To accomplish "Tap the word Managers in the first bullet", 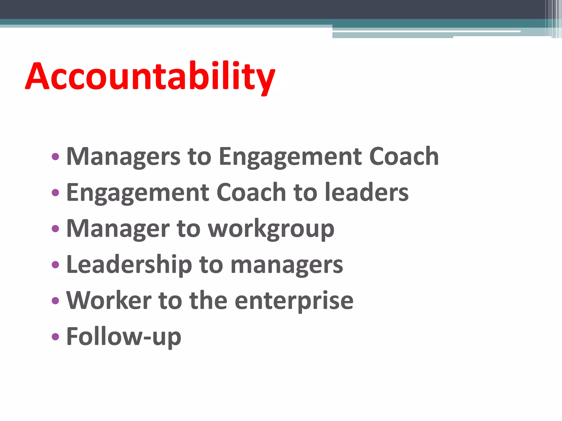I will (123, 157).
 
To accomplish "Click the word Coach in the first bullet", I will (404, 157).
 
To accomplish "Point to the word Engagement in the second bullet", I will (138, 193).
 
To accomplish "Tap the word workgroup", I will (271, 229).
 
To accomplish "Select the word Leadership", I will (129, 265).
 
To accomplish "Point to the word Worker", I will (109, 301).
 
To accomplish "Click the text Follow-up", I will (124, 337).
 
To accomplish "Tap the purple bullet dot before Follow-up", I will (55, 337).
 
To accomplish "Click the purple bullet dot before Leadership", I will (55, 264).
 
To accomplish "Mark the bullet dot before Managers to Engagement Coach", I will (55, 157).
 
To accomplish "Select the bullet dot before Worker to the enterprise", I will (55, 301).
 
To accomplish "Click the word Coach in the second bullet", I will (251, 193).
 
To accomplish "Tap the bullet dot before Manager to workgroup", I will (55, 229).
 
